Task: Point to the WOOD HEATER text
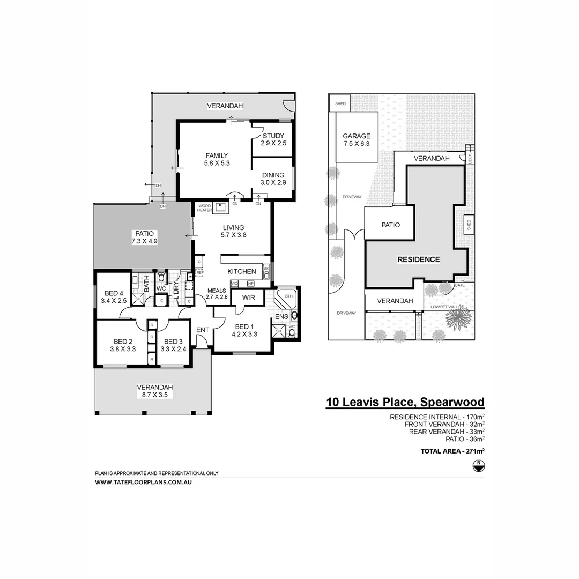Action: (x=205, y=207)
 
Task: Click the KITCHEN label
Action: (x=242, y=272)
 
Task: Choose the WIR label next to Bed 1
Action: (x=248, y=297)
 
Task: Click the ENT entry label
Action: (x=202, y=330)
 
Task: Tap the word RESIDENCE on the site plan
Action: (x=418, y=259)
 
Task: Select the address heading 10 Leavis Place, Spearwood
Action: (x=405, y=402)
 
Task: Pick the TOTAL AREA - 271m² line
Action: (x=452, y=451)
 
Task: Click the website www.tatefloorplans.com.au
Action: (x=143, y=482)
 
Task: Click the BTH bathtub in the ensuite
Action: (x=287, y=296)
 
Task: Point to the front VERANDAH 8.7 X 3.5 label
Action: (x=154, y=391)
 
